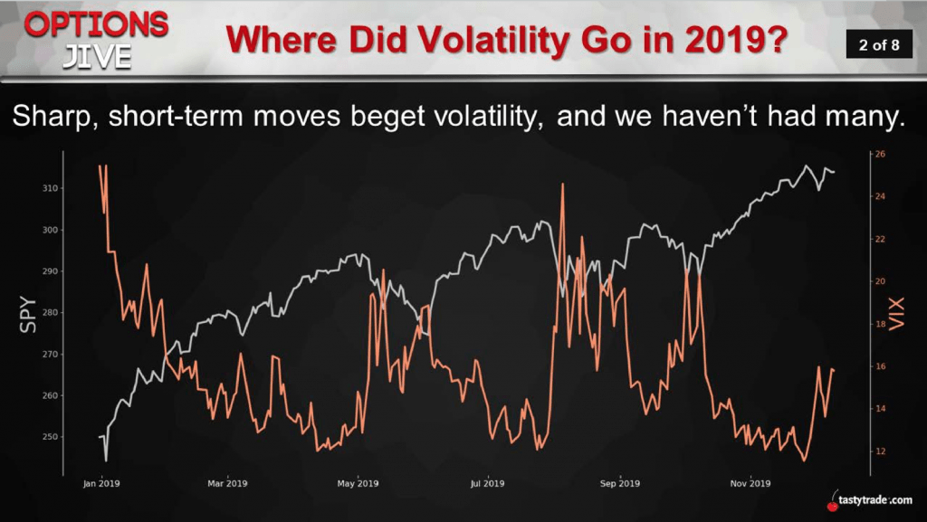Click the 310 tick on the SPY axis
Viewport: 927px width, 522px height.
(x=51, y=188)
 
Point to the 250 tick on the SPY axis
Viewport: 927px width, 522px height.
(x=51, y=437)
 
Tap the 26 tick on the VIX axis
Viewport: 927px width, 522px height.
(x=880, y=154)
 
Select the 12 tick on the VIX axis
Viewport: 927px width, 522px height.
(x=880, y=451)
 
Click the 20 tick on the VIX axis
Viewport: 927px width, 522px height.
(x=880, y=281)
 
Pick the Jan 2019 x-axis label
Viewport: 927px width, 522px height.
(x=101, y=483)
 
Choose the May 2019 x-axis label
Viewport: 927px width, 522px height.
(x=358, y=483)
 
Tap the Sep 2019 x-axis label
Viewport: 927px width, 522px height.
(x=619, y=483)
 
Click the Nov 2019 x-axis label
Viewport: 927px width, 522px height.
(x=750, y=483)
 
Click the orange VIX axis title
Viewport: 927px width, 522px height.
(x=896, y=314)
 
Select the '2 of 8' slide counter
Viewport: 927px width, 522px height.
(x=879, y=45)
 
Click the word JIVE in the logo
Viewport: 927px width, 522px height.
(x=97, y=57)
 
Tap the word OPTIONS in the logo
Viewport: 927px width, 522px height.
(x=96, y=25)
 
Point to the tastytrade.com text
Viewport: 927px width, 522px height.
(x=875, y=500)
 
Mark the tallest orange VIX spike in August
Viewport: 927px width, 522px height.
(x=562, y=185)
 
